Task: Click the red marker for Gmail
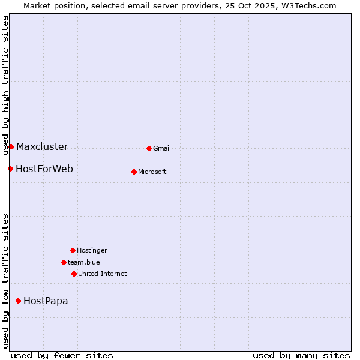point(149,148)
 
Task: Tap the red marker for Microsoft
point(134,172)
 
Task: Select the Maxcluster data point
point(11,146)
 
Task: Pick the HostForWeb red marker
point(10,169)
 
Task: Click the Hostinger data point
point(73,250)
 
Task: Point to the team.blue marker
point(64,262)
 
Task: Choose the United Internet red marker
point(74,274)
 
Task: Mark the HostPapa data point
point(19,301)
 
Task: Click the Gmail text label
point(162,148)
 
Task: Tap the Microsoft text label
point(152,172)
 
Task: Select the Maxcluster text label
point(42,146)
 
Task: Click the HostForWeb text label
point(44,169)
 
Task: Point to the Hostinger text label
point(92,250)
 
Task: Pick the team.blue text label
point(84,262)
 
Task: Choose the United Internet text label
point(103,274)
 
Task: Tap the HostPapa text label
point(46,301)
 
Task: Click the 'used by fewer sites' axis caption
point(62,355)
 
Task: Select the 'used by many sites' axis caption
point(301,355)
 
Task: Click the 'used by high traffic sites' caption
point(5,85)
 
